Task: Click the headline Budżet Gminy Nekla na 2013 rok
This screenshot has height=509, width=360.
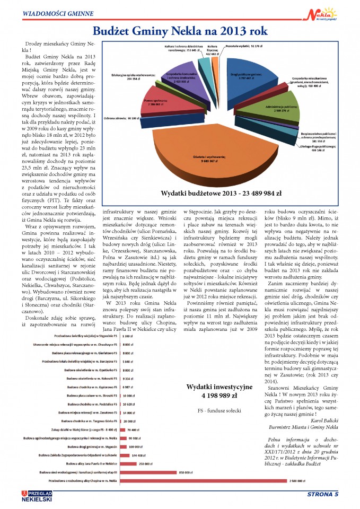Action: click(180, 31)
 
